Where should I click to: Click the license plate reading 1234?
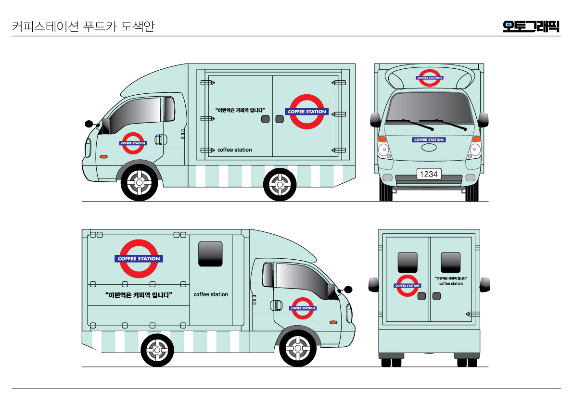429,174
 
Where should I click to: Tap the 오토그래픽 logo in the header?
531,26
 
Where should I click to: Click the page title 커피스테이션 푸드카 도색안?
83,26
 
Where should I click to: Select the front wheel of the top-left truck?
139,183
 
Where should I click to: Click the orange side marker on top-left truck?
103,157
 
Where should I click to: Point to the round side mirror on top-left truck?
89,124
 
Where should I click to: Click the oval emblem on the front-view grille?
429,148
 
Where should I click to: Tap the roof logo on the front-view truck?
429,78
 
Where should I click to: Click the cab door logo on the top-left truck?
133,143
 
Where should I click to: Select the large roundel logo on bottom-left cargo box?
139,258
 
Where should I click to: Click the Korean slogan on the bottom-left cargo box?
139,295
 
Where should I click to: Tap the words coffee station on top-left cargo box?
234,150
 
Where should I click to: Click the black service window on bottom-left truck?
210,253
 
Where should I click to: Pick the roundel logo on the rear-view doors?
407,286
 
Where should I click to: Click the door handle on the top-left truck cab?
158,140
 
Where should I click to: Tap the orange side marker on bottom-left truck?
333,322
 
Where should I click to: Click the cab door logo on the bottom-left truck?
303,308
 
